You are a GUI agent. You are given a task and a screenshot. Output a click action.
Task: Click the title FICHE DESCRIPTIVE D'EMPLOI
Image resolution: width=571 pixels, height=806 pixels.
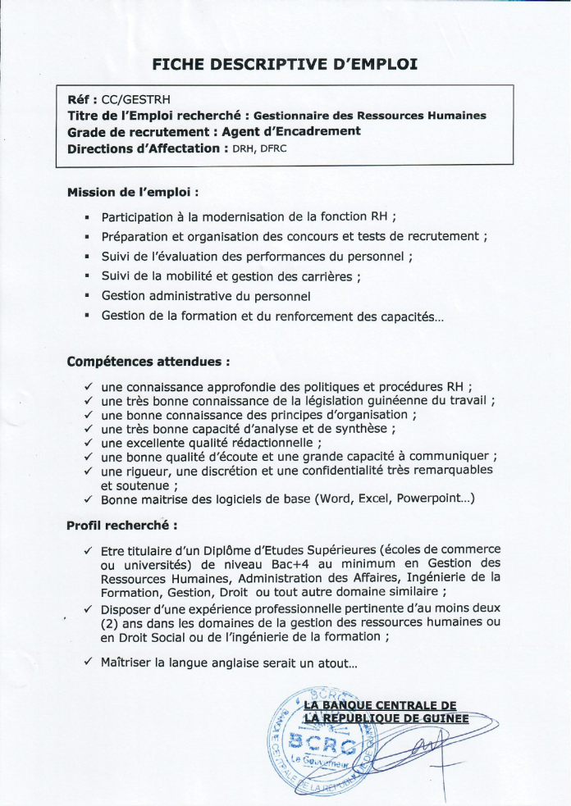click(285, 63)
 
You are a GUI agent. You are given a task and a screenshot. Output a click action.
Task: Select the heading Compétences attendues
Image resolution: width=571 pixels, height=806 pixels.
click(148, 361)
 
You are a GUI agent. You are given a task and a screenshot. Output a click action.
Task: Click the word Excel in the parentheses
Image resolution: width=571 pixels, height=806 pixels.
click(376, 499)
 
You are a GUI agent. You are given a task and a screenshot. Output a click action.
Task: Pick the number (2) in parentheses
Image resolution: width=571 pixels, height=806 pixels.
click(112, 622)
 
